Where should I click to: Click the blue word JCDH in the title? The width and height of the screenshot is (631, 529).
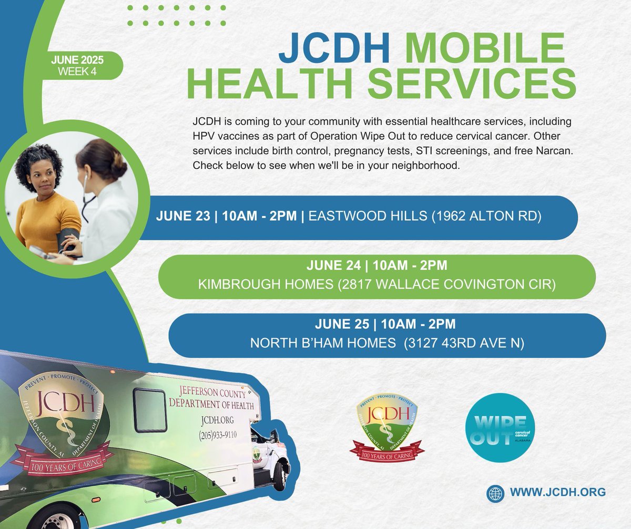[334, 49]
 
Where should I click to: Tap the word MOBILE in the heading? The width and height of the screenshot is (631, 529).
[484, 49]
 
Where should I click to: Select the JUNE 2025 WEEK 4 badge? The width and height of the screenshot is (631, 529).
[77, 66]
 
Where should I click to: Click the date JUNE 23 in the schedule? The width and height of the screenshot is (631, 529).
[182, 217]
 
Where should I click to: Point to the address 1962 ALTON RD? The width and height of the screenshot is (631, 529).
[486, 217]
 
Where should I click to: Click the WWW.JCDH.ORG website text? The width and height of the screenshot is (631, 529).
[558, 492]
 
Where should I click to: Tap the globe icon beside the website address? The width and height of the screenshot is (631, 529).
[495, 493]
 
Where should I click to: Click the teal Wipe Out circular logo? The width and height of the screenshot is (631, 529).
[500, 428]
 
